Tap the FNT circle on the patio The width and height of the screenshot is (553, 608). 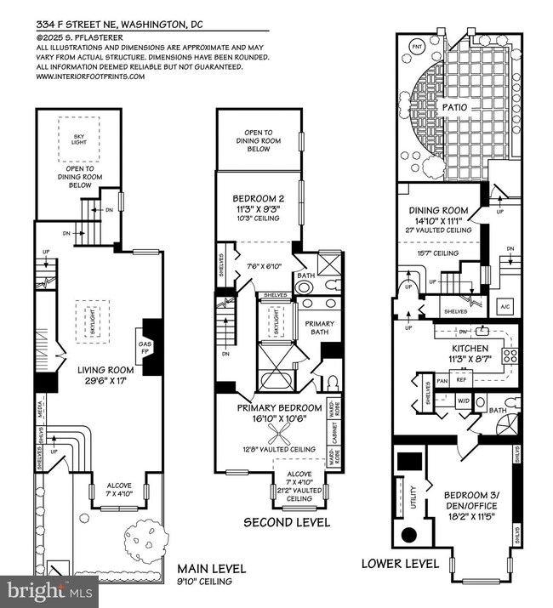(417, 45)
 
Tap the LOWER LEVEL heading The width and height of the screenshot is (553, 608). (400, 563)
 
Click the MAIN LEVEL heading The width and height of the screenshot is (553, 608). (211, 568)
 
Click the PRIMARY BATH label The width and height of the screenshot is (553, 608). (320, 328)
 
